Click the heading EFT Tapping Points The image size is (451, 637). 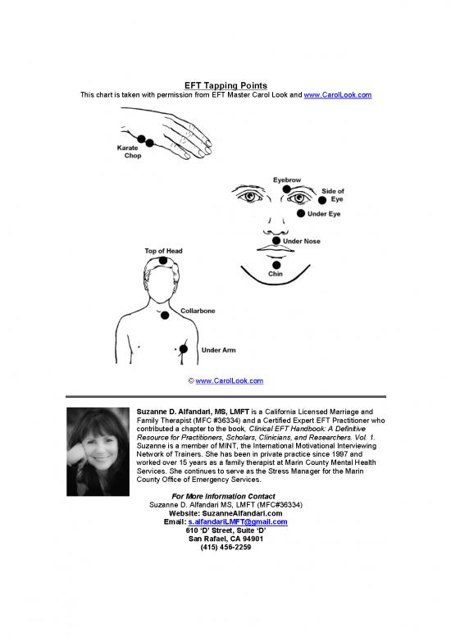point(225,85)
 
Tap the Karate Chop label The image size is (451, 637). point(127,152)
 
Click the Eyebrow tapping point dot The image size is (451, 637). point(286,189)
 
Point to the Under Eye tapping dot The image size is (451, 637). point(300,214)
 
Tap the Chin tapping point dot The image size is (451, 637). point(277,265)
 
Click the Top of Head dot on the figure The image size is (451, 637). point(163,261)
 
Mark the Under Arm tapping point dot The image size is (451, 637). point(183,349)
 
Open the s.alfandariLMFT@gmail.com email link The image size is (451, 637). point(237,521)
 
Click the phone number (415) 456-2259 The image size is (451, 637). point(225,546)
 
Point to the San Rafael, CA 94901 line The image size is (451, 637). point(225,538)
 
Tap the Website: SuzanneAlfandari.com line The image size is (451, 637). point(225,513)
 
